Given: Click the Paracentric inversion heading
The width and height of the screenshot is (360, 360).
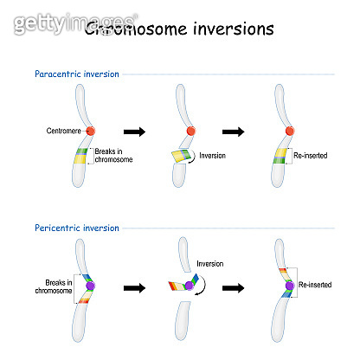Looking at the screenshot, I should tap(76, 74).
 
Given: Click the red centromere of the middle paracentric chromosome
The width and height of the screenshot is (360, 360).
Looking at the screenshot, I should tap(188, 132).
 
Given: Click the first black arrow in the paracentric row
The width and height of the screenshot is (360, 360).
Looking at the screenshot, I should tap(135, 132).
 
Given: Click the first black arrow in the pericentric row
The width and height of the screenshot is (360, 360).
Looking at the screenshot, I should tap(134, 286).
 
